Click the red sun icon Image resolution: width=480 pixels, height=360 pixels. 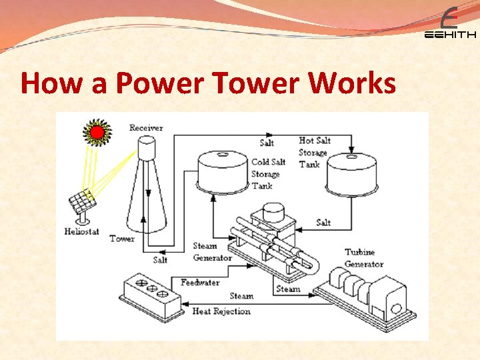(97, 132)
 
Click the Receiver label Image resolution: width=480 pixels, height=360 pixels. (146, 127)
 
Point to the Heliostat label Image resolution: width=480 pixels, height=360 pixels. (82, 231)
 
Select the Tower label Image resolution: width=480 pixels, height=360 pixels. (122, 238)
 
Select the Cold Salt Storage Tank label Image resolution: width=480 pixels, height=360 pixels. (269, 173)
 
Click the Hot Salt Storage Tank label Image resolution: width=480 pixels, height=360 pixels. (313, 152)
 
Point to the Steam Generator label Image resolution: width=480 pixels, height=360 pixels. (212, 252)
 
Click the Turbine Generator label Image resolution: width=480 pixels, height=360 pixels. (364, 258)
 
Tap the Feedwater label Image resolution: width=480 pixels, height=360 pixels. (200, 282)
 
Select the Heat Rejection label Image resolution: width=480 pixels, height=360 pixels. (221, 311)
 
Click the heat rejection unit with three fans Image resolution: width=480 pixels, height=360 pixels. (151, 297)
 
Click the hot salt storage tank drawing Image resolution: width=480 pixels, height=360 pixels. (353, 173)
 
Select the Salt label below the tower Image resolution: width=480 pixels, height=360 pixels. (161, 259)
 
